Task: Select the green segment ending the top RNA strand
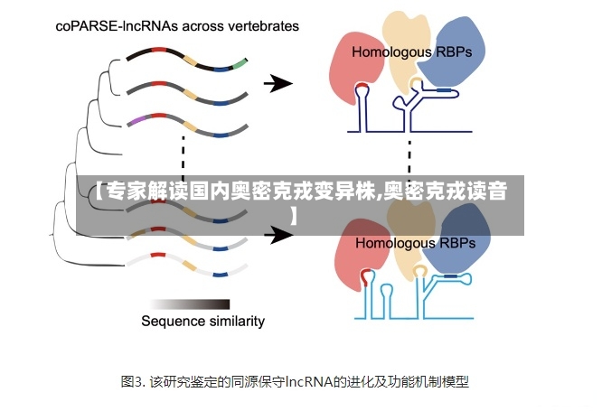pyautogui.click(x=240, y=64)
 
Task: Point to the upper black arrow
pyautogui.click(x=278, y=83)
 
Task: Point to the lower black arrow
pyautogui.click(x=278, y=235)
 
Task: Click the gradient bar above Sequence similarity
pyautogui.click(x=191, y=304)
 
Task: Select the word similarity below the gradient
pyautogui.click(x=234, y=321)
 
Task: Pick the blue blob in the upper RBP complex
pyautogui.click(x=453, y=51)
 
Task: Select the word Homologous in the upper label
pyautogui.click(x=391, y=52)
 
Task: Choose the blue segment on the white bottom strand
pyautogui.click(x=221, y=275)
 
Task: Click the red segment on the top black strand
pyautogui.click(x=158, y=50)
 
